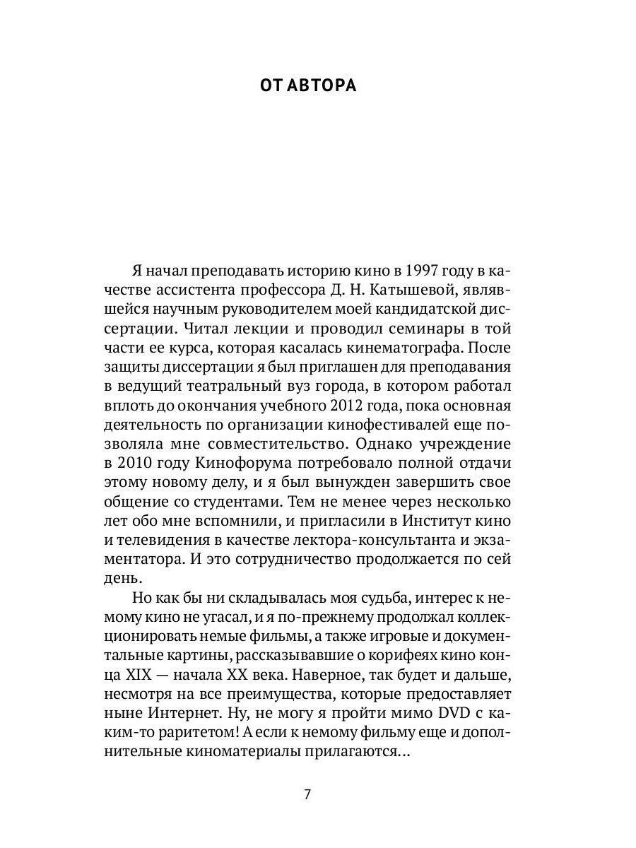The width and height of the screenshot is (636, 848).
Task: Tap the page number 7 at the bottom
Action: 307,794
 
